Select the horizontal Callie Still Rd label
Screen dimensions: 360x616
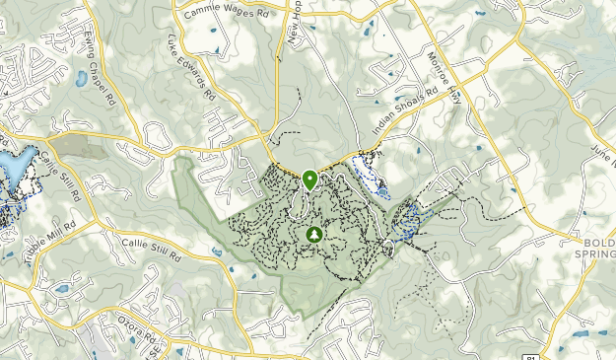(x=152, y=246)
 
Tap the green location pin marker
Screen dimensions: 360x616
(x=309, y=179)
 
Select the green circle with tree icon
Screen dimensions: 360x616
(x=313, y=235)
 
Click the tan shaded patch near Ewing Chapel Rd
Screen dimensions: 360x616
(x=71, y=147)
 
